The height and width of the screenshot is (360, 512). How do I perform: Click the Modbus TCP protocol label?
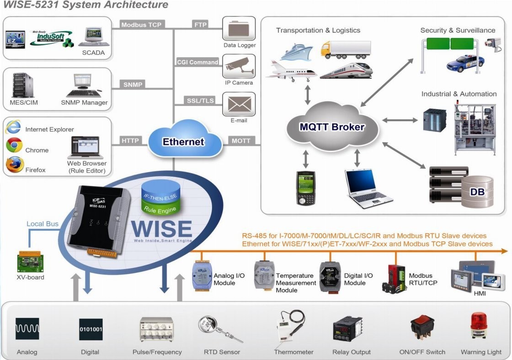pos(142,25)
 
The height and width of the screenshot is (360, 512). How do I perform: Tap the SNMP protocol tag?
pos(133,84)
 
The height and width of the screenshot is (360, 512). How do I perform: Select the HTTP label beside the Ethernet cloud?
pos(130,141)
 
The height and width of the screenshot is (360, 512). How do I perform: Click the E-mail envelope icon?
pos(239,104)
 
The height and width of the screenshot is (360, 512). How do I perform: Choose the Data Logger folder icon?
pos(239,28)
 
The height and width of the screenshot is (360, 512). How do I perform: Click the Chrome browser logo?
pos(15,145)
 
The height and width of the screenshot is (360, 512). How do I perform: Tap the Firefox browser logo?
pos(15,165)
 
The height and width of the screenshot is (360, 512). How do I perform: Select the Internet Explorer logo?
pos(13,126)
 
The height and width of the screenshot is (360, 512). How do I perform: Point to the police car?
pos(464,64)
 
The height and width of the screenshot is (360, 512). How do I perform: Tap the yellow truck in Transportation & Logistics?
pos(346,49)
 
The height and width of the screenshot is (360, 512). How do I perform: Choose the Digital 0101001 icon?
pos(91,328)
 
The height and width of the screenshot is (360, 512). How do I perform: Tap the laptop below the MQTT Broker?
pos(368,188)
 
